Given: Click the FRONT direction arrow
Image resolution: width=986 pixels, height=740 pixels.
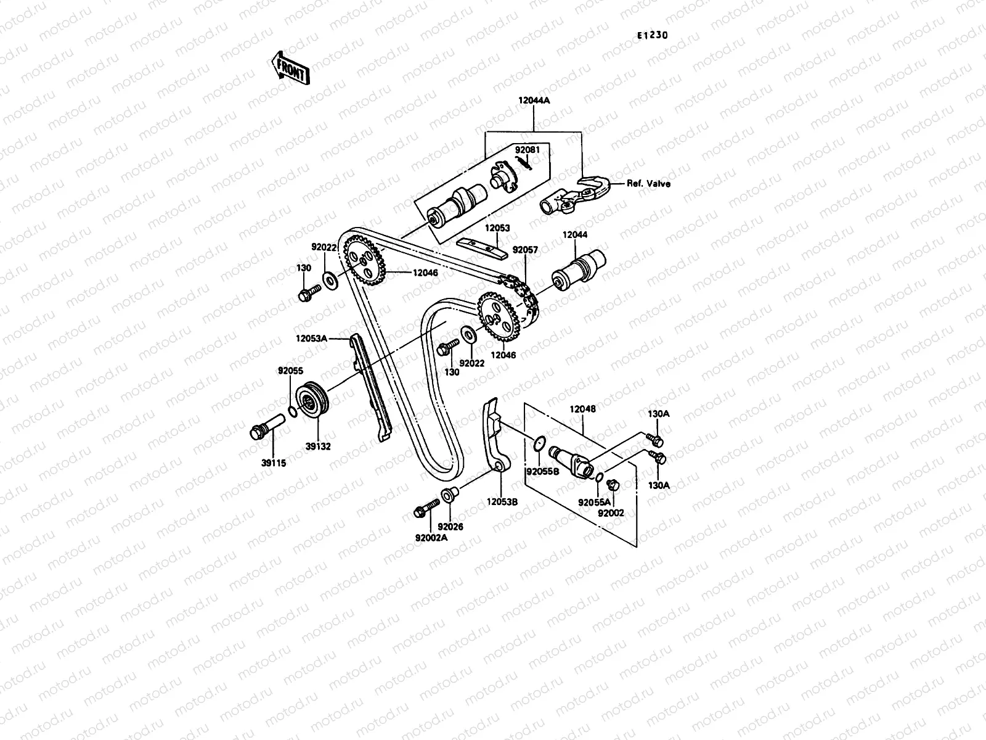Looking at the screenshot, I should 290,68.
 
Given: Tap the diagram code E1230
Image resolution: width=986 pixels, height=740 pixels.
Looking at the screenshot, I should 653,35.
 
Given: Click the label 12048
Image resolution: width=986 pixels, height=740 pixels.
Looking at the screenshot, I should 582,409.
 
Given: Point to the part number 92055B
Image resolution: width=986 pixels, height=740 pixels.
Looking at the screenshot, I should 542,471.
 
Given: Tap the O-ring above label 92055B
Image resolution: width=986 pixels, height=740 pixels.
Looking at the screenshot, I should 538,442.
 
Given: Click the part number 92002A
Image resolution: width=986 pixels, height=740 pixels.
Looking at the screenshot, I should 431,536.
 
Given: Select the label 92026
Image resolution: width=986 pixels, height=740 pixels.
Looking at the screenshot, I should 450,527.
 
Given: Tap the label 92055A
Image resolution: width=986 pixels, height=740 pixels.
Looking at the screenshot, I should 594,503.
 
